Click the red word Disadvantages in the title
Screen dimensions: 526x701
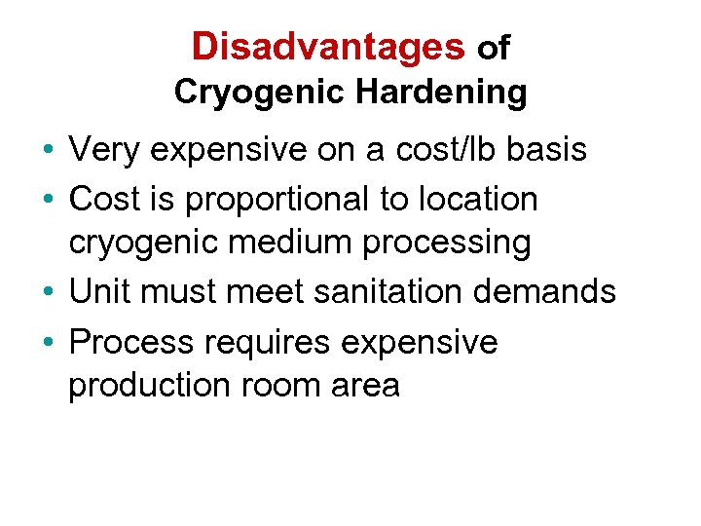(x=328, y=46)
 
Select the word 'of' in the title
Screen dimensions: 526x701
(x=493, y=48)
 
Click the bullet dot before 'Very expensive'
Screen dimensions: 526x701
(x=48, y=152)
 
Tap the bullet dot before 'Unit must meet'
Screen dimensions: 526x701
(x=48, y=293)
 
